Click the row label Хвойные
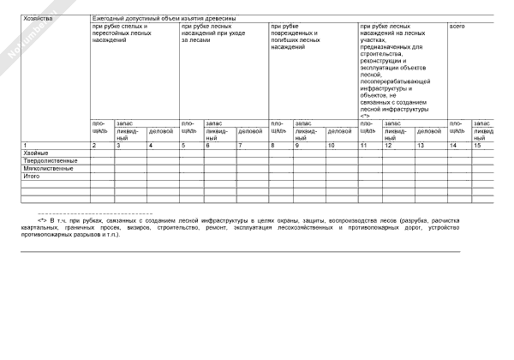point(36,153)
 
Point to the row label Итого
point(32,176)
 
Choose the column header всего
point(457,27)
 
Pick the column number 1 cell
point(26,145)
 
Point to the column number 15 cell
point(478,145)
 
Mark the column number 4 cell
point(151,145)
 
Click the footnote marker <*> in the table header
point(365,116)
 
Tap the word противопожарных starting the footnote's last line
point(44,234)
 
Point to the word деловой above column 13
point(428,131)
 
